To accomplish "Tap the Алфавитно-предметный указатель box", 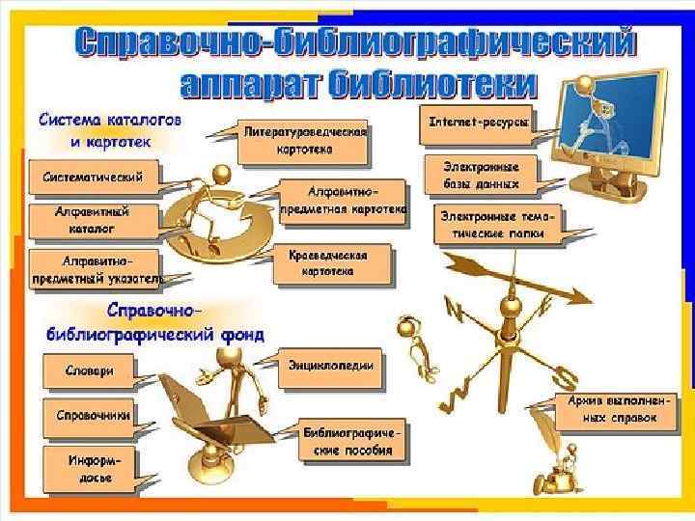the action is (97, 270).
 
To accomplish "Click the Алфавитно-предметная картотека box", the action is (343, 201).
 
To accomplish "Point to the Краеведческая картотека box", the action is (334, 265).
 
